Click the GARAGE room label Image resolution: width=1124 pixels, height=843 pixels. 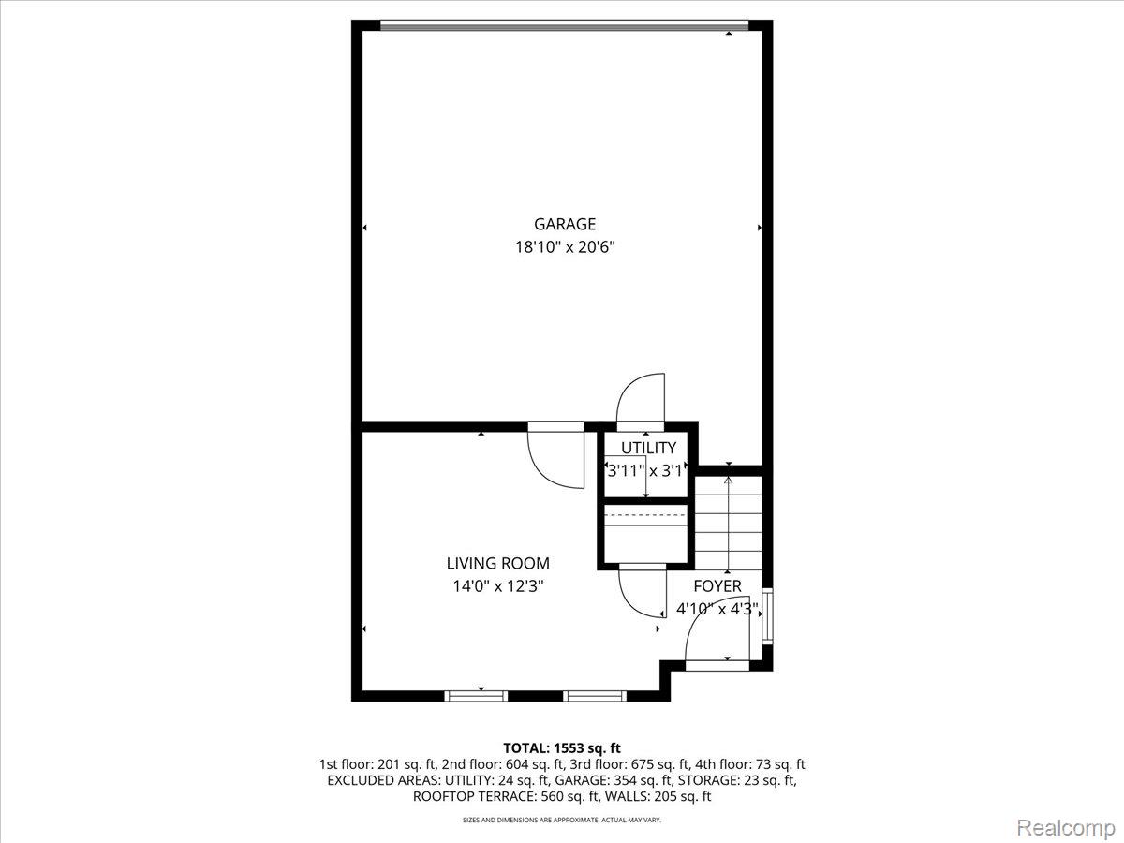[565, 224]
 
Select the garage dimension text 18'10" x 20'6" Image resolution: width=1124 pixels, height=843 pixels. [565, 248]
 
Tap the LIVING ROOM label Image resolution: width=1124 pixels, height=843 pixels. [497, 563]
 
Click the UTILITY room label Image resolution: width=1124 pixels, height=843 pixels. [648, 449]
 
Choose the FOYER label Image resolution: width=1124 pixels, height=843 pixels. [717, 586]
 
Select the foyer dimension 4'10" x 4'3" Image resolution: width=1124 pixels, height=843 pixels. [717, 609]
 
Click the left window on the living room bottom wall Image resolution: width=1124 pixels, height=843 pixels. [476, 696]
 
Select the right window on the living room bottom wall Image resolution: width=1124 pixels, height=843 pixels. [595, 696]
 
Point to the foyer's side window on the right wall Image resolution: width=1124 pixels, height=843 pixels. [768, 615]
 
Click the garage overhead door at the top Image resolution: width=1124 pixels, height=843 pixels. [565, 26]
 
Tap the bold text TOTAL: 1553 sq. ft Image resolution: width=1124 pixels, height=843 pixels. [562, 747]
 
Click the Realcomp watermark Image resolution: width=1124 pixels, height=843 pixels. [1065, 828]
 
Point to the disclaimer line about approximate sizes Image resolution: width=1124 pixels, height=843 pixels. [562, 821]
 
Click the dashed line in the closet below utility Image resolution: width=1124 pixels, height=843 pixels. [646, 515]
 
